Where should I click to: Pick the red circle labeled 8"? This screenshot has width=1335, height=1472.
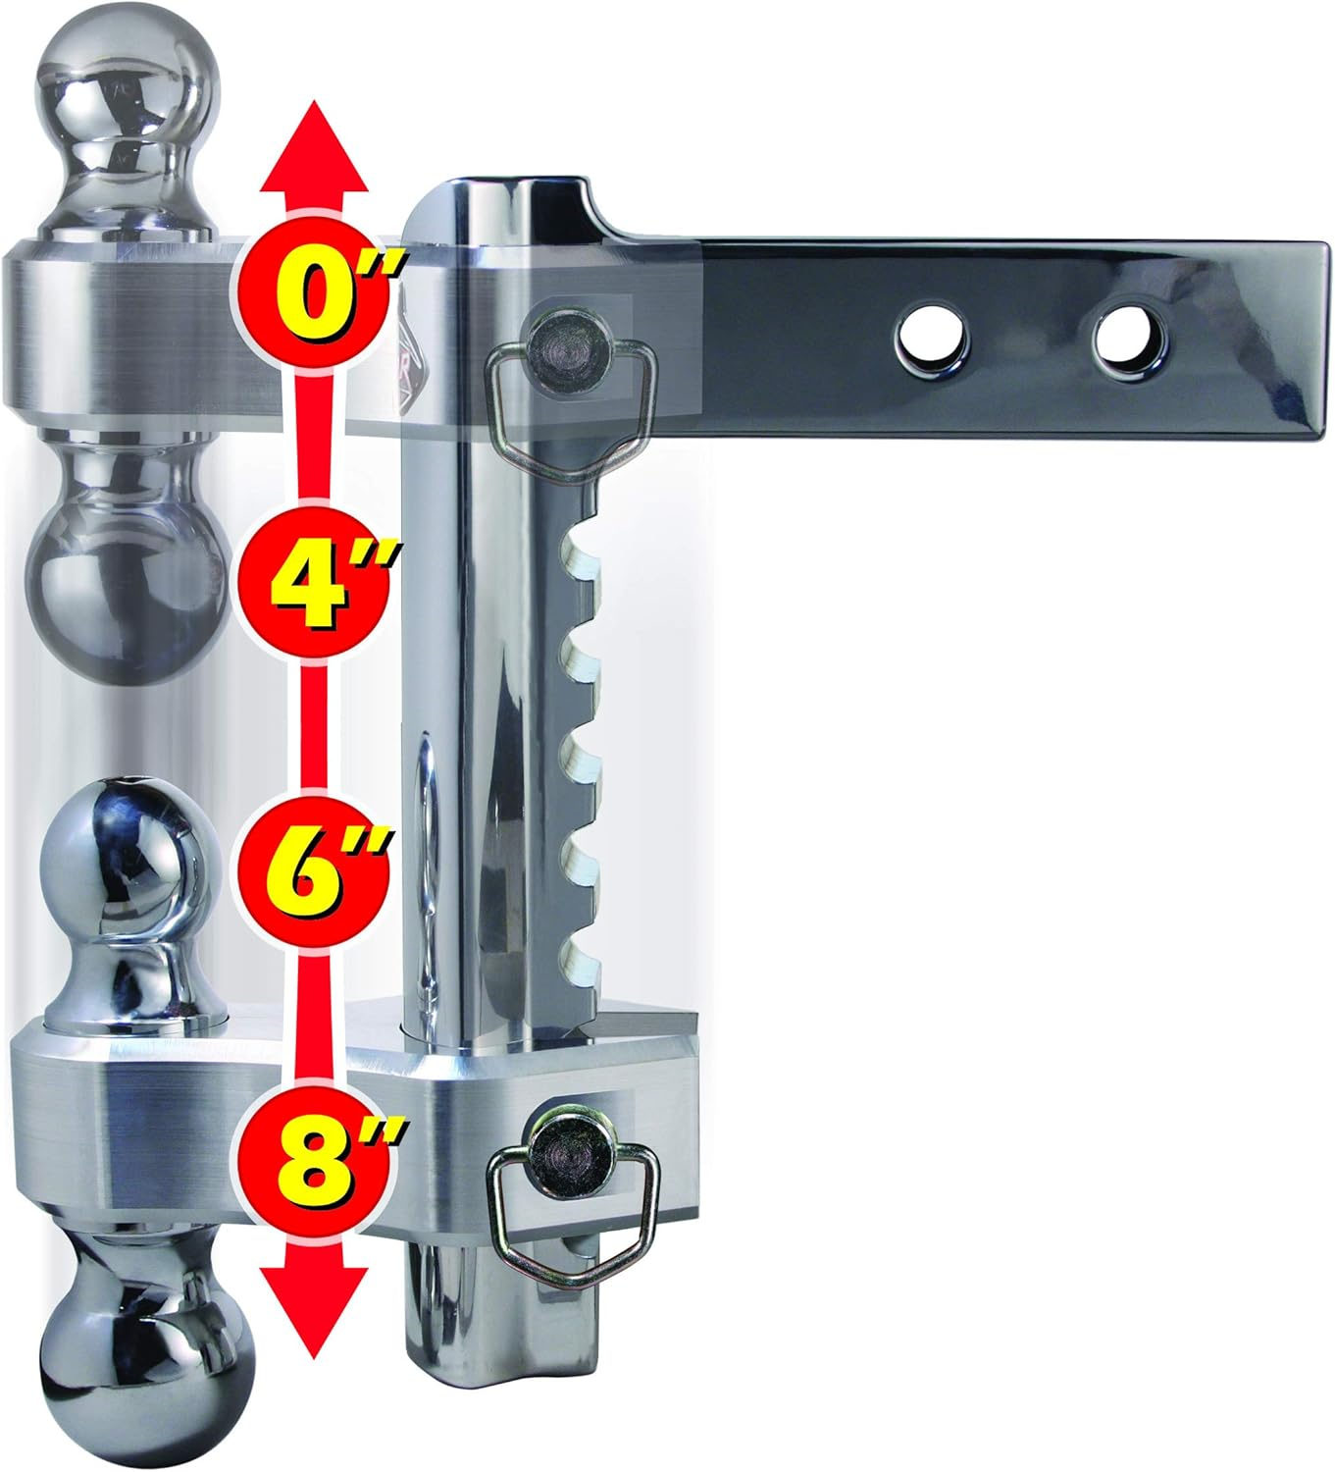pos(316,1147)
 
